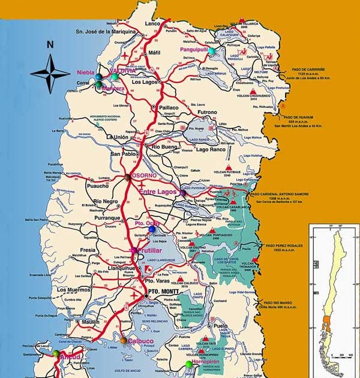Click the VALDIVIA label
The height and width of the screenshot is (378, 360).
[x=122, y=71]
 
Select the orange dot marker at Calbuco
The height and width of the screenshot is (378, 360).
[x=124, y=340]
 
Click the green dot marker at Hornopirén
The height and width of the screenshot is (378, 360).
[x=190, y=364]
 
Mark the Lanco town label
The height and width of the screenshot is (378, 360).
[x=154, y=23]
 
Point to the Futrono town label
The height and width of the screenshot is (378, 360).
[x=207, y=112]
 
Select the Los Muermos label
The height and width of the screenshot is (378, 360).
[x=72, y=290]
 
